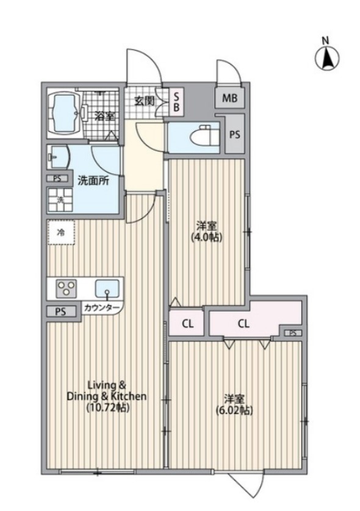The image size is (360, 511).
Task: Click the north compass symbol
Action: (326, 59)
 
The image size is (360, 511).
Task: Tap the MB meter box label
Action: (229, 98)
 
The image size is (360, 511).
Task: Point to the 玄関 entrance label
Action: (145, 101)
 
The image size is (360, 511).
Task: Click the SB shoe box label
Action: (176, 102)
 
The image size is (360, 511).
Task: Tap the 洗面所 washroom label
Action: (93, 181)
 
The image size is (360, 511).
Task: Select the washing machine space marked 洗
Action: (60, 200)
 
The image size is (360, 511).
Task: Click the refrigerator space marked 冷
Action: (61, 232)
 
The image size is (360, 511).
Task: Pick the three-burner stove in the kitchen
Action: (67, 288)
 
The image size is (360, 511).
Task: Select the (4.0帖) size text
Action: (207, 238)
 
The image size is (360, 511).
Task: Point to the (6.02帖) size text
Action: (235, 410)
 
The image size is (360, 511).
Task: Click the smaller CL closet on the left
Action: (187, 324)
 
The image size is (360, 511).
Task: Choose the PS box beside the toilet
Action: (235, 134)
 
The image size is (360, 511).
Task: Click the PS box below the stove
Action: (60, 312)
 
